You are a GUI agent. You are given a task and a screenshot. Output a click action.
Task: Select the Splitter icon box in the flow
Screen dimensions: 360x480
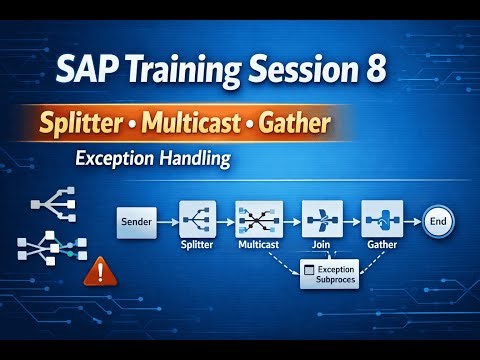point(198,218)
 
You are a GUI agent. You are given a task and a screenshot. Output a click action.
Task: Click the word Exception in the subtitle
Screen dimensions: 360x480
point(115,157)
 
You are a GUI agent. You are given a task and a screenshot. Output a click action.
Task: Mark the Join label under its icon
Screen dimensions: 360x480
point(322,244)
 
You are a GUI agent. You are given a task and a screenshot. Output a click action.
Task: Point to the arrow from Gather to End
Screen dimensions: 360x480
point(411,219)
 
